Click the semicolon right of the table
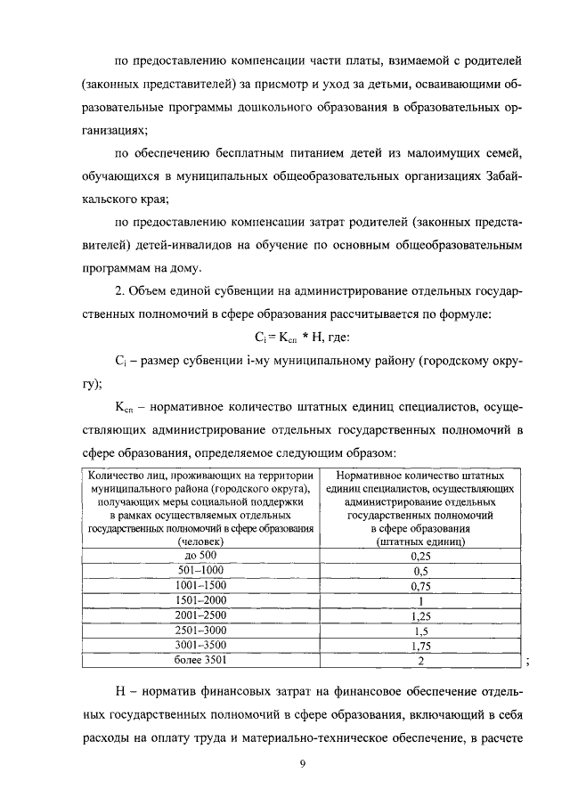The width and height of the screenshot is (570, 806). tap(528, 662)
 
